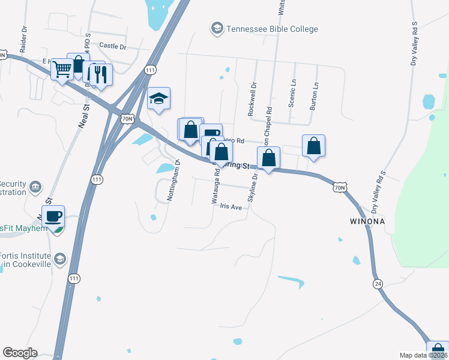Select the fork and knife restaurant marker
(101, 74)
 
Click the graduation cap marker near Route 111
(159, 99)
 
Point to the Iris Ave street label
(231, 206)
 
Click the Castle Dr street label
(113, 46)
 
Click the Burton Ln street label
(313, 95)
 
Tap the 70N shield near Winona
(339, 188)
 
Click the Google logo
(20, 353)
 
